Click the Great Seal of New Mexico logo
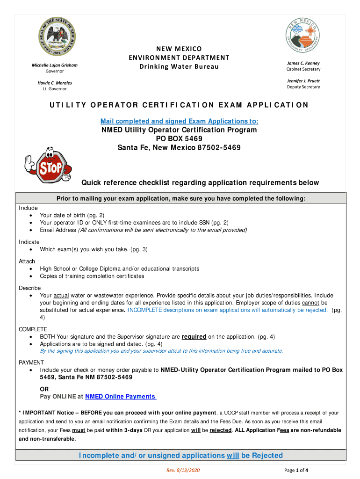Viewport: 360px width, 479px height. tap(57, 36)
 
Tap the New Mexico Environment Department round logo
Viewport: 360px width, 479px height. tap(302, 36)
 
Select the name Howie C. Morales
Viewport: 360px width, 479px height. tap(55, 83)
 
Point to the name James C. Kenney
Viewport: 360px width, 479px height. tap(303, 63)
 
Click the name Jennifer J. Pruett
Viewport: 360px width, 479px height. tap(303, 81)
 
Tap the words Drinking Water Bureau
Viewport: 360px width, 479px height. tap(179, 66)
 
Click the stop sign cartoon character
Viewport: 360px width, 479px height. tap(47, 166)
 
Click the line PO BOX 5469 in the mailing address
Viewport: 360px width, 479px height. tap(179, 139)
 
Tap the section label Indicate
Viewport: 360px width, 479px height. tap(29, 242)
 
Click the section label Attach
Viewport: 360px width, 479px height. tap(27, 261)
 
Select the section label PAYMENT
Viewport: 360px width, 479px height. tap(31, 363)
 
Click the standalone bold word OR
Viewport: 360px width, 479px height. tap(44, 389)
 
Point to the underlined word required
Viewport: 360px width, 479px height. tap(194, 336)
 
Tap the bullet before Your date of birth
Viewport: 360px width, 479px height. tap(31, 216)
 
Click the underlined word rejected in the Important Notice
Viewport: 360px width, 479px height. tap(220, 430)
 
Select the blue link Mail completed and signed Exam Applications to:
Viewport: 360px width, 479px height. tap(179, 121)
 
